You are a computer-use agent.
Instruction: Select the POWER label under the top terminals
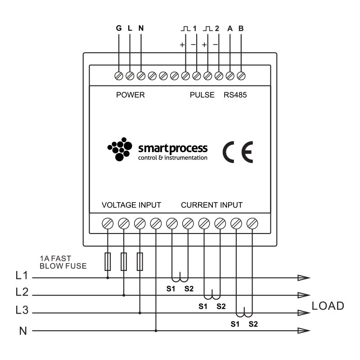130,95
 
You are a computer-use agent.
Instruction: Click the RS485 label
235,95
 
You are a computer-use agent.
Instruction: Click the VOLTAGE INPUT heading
131,205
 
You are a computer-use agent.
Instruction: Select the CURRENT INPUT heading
211,205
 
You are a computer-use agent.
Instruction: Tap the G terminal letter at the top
119,28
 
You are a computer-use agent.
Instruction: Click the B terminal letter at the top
241,28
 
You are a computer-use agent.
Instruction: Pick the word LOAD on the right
328,306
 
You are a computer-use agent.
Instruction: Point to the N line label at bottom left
22,331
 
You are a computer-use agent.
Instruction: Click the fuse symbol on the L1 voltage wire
108,261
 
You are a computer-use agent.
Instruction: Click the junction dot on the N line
156,331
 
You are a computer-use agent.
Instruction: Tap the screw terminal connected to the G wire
119,75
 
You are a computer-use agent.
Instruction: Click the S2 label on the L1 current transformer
189,288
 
